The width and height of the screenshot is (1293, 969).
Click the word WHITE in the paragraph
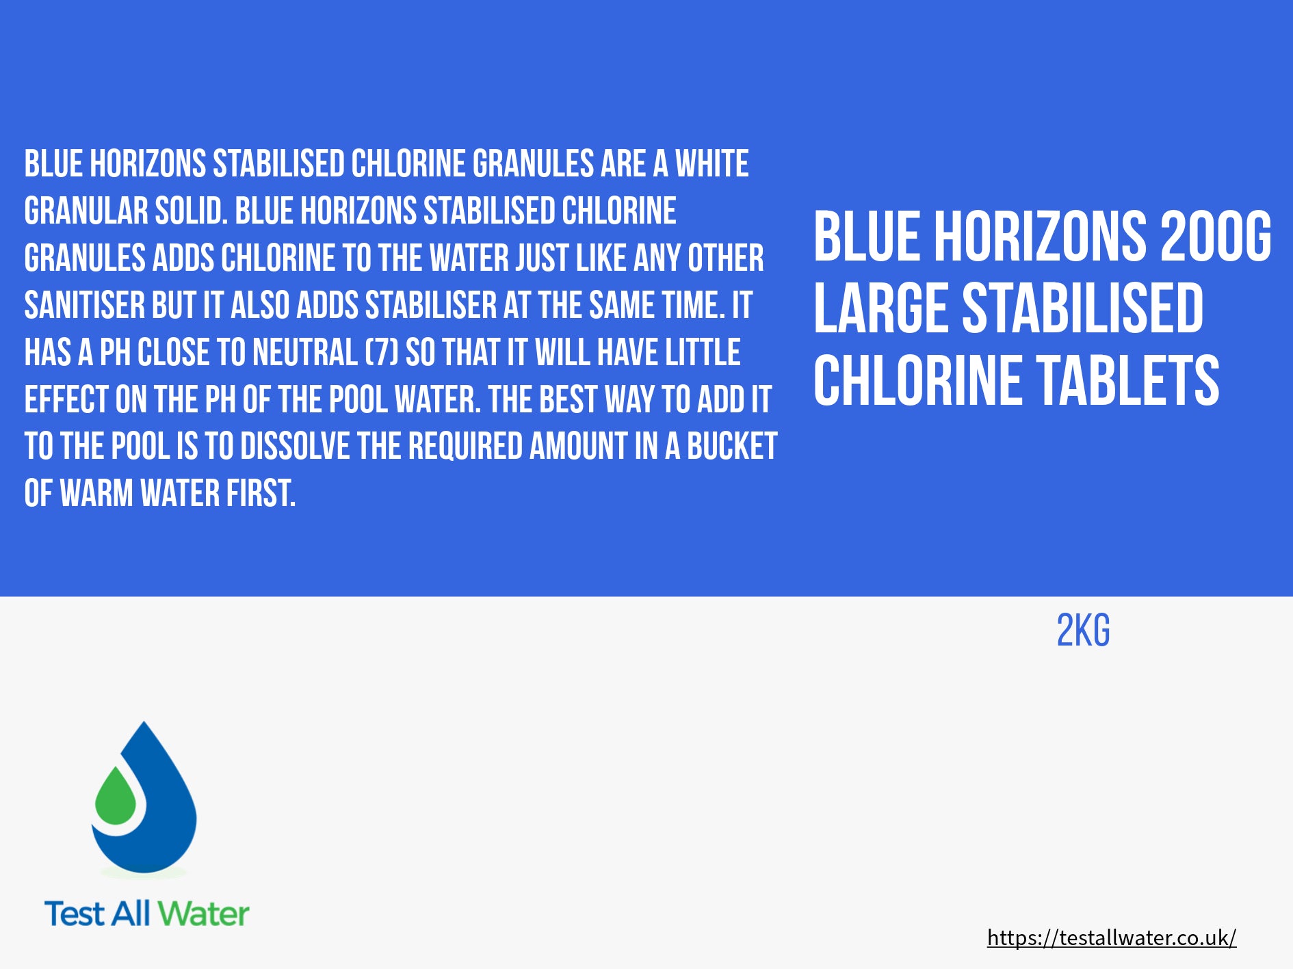pos(712,164)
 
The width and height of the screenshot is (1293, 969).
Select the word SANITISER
pos(85,305)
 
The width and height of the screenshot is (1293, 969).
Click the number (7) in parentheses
pos(382,353)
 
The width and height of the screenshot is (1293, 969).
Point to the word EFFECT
pos(66,400)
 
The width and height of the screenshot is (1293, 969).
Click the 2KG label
pos(1084,630)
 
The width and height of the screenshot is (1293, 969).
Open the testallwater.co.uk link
pos(1112,938)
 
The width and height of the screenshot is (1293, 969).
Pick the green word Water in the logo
pos(205,914)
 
